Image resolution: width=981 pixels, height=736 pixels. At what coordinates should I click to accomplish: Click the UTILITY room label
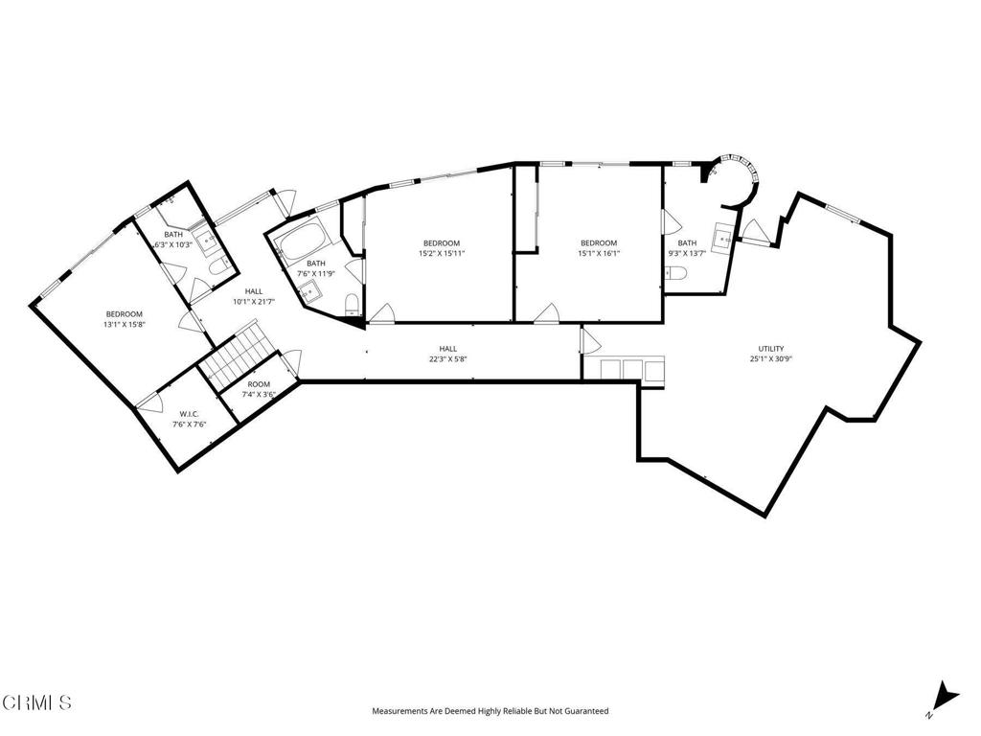click(771, 348)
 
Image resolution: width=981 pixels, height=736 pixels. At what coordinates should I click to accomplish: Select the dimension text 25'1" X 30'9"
click(771, 358)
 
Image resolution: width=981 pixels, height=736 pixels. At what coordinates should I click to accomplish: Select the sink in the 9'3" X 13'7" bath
click(723, 233)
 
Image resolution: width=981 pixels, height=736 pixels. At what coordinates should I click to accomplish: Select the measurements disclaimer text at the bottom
click(490, 711)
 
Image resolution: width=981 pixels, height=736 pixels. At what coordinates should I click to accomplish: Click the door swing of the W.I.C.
click(148, 403)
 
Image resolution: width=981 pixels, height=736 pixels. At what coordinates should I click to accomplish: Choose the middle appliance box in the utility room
click(632, 369)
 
